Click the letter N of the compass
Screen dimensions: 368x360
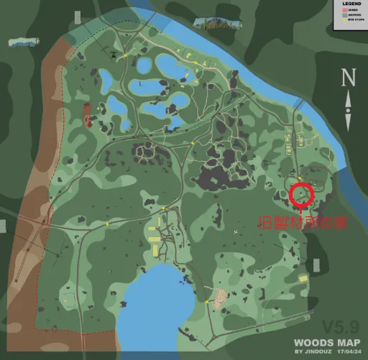tap(349, 76)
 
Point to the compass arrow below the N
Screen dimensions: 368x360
tap(349, 101)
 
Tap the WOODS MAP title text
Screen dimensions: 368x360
tap(325, 343)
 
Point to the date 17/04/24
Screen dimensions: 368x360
tap(346, 352)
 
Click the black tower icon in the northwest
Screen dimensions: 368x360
tap(113, 54)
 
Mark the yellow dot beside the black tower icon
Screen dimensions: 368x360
tap(124, 55)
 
